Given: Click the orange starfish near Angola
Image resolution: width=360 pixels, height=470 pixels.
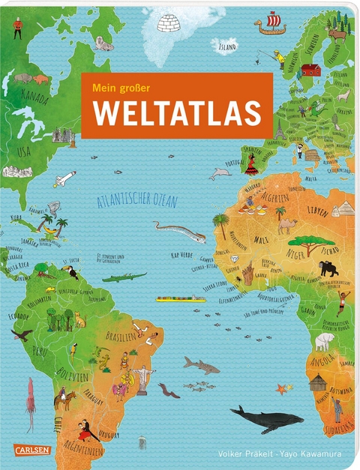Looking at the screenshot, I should pos(283,388).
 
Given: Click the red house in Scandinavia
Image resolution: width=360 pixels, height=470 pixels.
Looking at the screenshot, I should pos(310,70).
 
